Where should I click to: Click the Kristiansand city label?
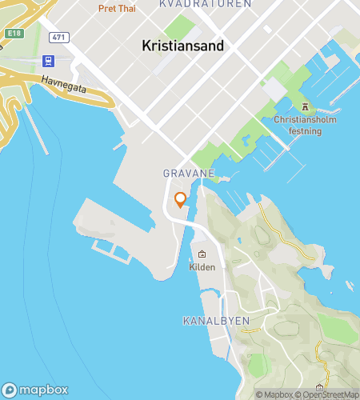tap(182, 46)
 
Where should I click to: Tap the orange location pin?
tap(181, 199)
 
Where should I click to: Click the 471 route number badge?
tap(58, 38)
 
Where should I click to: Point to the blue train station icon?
tap(50, 61)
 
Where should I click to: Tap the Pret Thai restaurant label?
tap(117, 9)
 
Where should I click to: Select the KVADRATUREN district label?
tap(206, 4)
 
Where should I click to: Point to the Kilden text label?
tap(202, 267)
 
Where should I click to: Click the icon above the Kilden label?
tap(202, 254)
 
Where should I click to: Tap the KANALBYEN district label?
tap(216, 321)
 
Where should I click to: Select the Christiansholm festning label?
tap(304, 126)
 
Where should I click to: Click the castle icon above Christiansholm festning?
tap(304, 106)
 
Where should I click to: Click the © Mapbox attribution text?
tap(274, 394)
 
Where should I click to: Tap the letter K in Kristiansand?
tap(146, 46)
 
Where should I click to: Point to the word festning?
tap(304, 131)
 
